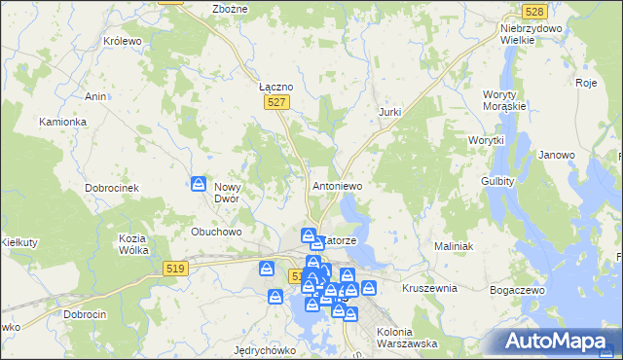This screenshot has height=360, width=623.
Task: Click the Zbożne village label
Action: point(230,9)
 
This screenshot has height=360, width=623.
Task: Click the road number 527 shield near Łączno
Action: point(277,101)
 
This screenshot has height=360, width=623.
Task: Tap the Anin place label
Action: point(95,96)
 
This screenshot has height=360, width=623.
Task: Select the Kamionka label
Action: point(62,122)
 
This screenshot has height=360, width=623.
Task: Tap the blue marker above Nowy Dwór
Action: point(198,183)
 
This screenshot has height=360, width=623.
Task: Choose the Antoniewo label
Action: point(337,185)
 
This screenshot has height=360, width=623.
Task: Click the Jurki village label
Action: point(389,113)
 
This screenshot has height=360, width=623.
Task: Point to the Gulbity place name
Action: point(497,181)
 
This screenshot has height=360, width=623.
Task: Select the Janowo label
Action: point(557,155)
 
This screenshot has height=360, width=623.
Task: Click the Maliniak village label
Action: point(454,246)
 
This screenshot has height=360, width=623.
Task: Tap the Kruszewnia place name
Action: point(429,289)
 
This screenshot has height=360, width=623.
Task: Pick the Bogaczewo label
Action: point(518,290)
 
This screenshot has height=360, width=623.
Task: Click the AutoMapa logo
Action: point(556,341)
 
